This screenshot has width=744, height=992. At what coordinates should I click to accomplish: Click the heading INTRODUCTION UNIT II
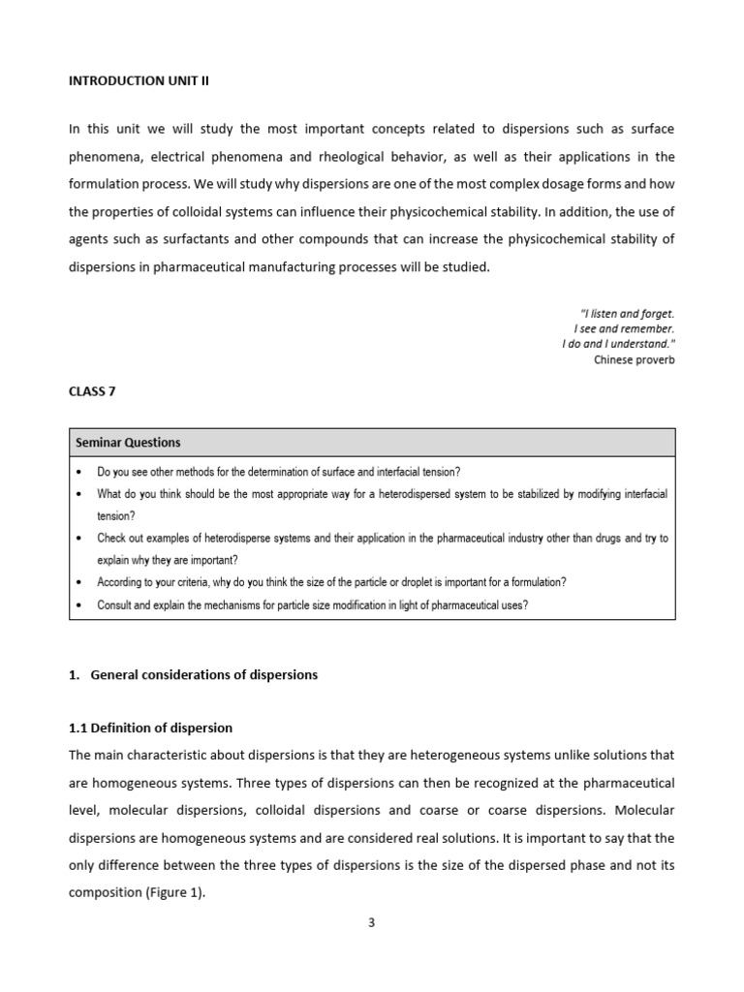(x=139, y=81)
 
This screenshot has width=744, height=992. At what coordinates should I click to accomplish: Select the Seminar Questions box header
(x=128, y=443)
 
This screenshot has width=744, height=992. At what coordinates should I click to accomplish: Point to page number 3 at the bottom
(x=371, y=922)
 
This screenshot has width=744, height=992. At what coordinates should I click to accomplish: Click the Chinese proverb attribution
(x=634, y=359)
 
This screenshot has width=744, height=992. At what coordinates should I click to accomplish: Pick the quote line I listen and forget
(x=626, y=313)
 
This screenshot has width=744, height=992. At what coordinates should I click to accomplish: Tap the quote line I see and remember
(x=624, y=328)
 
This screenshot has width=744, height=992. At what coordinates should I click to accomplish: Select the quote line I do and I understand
(x=618, y=344)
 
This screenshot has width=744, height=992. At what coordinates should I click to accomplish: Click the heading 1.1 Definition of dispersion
(x=150, y=728)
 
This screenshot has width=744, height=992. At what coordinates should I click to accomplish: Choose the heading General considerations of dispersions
(x=203, y=674)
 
